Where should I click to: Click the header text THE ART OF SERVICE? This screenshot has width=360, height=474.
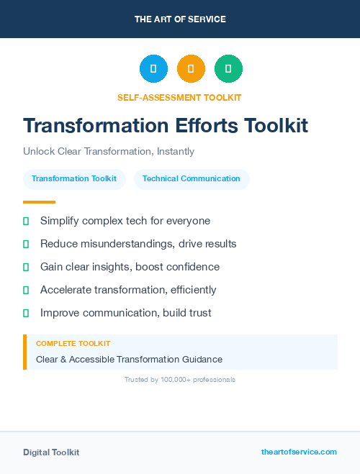pos(180,19)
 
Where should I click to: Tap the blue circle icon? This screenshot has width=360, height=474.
pos(153,69)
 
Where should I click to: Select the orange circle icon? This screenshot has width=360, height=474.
pos(191,69)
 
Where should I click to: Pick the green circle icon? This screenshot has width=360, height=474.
pos(228,69)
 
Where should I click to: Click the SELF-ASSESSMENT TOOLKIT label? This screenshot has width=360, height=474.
pos(179,97)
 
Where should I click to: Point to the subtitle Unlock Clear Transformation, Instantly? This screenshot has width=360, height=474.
pos(109,152)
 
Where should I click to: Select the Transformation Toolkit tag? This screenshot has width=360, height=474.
pos(74,179)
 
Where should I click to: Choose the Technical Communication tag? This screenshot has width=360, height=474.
pos(192,179)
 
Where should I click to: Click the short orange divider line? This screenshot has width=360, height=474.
pos(39,202)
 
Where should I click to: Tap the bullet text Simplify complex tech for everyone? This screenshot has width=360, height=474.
pos(125,221)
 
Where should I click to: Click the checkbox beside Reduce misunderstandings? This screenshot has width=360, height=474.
pos(26,244)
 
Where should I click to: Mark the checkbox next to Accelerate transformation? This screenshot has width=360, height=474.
pos(26,290)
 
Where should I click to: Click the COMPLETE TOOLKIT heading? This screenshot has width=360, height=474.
pos(73,344)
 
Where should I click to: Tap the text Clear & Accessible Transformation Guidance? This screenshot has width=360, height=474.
pos(129,359)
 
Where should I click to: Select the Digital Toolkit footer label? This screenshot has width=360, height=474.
pos(51,452)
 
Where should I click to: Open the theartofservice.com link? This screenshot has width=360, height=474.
pos(299,452)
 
